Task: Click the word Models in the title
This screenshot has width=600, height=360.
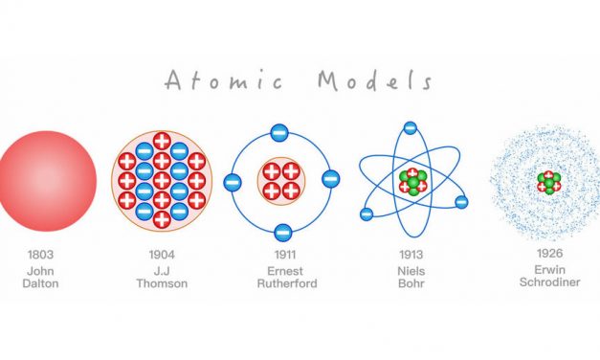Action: point(374,80)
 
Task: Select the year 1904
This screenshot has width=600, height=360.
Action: point(162,255)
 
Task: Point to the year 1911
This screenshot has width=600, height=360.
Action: point(282,255)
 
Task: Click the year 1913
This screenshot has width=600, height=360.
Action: point(411,255)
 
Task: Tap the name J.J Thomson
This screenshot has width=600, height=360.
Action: point(162,277)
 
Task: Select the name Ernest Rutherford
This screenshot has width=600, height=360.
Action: point(282,277)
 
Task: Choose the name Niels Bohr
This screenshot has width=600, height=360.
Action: point(411,277)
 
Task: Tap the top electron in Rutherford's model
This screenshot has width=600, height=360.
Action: point(279,133)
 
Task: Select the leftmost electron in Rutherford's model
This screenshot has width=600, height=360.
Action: point(233,181)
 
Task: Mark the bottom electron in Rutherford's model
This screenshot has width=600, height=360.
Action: point(282,231)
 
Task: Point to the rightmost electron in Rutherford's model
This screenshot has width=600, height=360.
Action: point(330,178)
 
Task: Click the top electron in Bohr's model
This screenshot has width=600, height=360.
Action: point(410,127)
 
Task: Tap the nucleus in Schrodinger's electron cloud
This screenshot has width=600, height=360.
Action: point(548,181)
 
